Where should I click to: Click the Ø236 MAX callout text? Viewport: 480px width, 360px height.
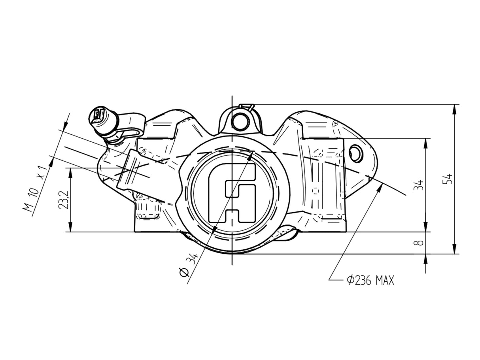coord(370,281)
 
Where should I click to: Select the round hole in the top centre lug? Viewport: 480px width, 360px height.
coord(240,121)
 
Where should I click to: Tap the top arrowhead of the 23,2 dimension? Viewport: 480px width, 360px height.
coord(70,171)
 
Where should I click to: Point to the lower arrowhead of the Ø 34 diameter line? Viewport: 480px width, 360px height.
coord(214,229)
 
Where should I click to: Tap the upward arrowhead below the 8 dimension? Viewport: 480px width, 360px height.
coord(425,257)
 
